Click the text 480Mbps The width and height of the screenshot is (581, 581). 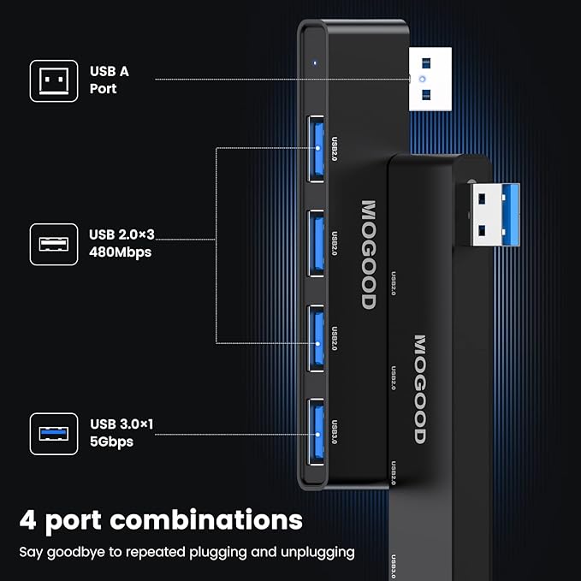click(120, 252)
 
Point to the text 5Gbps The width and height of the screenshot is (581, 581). click(111, 441)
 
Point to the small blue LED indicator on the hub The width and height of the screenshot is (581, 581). click(315, 62)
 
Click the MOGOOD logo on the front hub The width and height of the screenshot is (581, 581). click(368, 254)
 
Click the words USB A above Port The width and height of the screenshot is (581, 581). click(109, 71)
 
